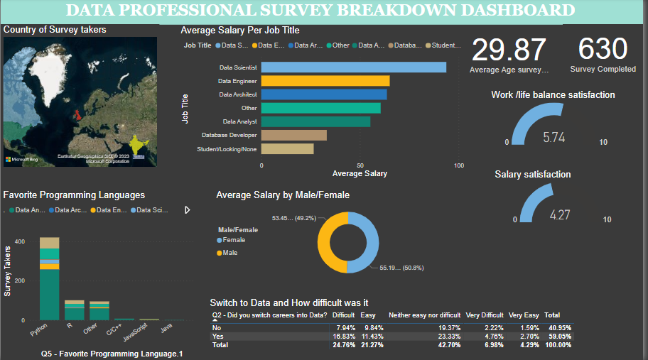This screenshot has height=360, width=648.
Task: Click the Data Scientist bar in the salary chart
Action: tap(354, 67)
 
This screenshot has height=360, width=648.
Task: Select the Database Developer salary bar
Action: tap(294, 135)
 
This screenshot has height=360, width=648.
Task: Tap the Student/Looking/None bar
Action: tap(288, 149)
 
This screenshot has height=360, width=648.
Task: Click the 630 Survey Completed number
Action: tap(603, 50)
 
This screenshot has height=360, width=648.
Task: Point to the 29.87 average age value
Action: tap(509, 50)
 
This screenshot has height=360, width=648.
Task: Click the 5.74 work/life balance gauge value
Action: tap(553, 138)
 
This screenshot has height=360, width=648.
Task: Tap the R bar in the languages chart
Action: tap(74, 310)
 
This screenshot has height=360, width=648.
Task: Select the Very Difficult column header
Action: tap(485, 315)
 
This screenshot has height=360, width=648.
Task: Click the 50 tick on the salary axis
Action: tap(360, 165)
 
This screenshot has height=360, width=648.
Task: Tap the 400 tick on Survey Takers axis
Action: tap(20, 242)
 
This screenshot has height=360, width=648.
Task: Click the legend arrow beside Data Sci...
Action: tap(188, 210)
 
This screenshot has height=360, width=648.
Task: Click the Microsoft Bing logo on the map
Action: tap(21, 159)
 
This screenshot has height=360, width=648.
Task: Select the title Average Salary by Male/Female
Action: tap(283, 195)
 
